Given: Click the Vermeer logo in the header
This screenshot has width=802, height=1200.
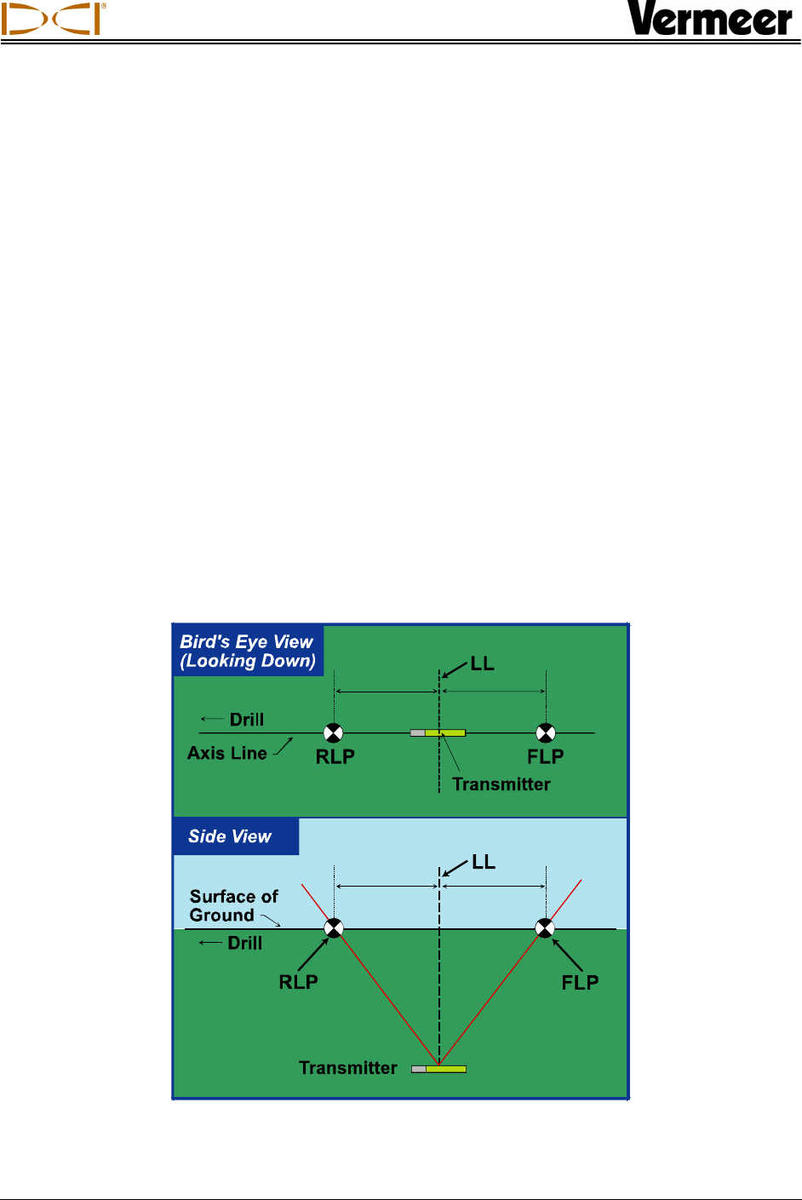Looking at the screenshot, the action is tap(710, 19).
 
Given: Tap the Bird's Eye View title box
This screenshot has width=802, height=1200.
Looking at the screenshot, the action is tap(247, 652).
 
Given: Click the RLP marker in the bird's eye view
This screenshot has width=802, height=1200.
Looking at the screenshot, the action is tap(334, 732).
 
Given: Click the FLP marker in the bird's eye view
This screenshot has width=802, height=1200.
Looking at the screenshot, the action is tap(546, 732).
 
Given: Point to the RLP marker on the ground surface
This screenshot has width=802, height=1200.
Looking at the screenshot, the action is tap(334, 928).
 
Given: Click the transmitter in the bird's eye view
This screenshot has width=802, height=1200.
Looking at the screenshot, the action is tap(438, 732).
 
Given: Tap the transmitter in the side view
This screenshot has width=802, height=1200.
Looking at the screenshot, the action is tap(438, 1069).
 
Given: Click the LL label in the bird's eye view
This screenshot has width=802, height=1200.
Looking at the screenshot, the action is tap(482, 664).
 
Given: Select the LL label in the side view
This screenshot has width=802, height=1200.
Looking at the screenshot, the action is tap(483, 863).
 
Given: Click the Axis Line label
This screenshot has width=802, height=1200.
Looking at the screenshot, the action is tap(227, 754).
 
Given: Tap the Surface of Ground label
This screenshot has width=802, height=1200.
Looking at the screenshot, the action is tap(233, 906).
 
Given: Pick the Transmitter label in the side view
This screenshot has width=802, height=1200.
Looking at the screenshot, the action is tap(348, 1068).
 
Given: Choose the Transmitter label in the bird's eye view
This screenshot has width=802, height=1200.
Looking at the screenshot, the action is tap(501, 784).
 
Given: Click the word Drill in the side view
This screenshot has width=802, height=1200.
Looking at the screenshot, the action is tap(245, 943).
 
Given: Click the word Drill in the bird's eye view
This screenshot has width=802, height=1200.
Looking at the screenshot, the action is tap(247, 720).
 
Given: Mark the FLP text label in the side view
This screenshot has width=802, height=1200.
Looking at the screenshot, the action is tap(580, 983).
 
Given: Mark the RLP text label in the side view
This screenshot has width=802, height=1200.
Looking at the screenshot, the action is tap(298, 982).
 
